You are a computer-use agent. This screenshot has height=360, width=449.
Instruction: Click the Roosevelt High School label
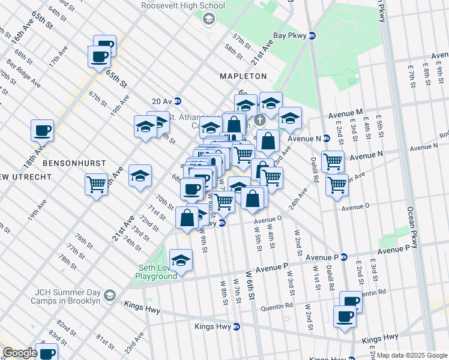[183, 6]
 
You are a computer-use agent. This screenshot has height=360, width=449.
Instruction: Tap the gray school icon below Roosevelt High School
[208, 19]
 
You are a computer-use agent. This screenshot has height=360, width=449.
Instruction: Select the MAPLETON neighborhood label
[243, 76]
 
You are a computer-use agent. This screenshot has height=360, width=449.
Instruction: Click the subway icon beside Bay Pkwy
[312, 36]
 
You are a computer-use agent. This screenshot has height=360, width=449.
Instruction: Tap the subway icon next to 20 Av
[178, 101]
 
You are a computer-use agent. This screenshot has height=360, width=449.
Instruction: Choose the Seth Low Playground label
[155, 271]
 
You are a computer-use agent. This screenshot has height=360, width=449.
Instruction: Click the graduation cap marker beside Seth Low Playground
[181, 260]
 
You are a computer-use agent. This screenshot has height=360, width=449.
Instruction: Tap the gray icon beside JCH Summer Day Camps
[110, 295]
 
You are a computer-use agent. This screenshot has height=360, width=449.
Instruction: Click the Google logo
[20, 353]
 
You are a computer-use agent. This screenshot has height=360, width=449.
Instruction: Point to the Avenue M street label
[345, 112]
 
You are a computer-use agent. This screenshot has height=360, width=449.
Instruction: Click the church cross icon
[260, 120]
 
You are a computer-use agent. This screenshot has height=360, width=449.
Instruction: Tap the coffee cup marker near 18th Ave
[43, 130]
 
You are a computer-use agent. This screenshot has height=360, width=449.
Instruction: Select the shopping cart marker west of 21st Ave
[96, 184]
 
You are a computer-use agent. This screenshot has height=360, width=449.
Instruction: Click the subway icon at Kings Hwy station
[237, 327]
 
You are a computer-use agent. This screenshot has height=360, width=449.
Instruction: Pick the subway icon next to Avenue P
[344, 257]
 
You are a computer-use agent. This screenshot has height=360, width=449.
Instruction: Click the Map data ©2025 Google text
[412, 355]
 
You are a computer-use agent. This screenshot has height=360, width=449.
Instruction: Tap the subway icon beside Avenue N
[327, 138]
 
